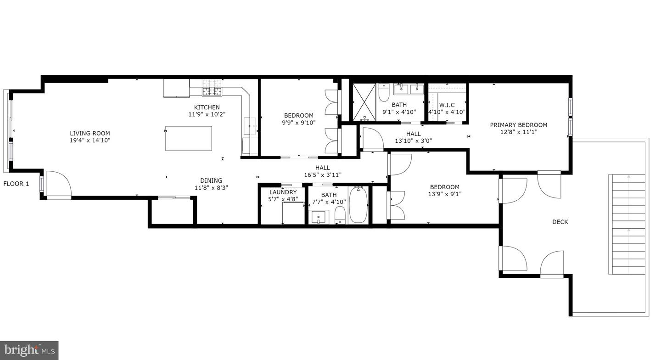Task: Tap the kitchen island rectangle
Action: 189,138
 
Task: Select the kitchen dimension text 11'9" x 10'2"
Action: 207,114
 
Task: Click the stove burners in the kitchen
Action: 212,88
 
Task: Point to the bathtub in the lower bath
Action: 358,206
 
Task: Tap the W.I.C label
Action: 447,105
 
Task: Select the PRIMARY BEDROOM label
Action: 518,125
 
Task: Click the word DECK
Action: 560,222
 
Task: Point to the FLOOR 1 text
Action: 16,184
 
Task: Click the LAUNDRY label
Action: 283,192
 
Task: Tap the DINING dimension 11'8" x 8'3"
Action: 211,187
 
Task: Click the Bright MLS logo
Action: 29,350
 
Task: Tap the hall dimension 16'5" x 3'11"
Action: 323,174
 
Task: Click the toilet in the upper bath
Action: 384,93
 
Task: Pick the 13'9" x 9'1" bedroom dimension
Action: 444,194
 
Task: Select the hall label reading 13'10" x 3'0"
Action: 413,141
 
